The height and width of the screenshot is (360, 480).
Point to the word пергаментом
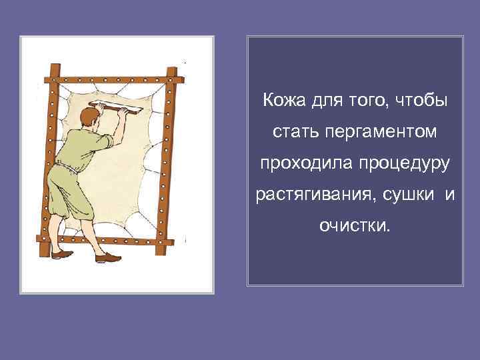(x=382, y=132)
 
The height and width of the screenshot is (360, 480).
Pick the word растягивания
(x=308, y=194)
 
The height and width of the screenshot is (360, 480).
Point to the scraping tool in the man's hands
(x=117, y=107)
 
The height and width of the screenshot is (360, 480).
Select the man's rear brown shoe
(x=62, y=253)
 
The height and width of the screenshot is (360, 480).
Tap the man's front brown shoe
(x=107, y=257)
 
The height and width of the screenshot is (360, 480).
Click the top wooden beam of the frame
(x=113, y=79)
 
